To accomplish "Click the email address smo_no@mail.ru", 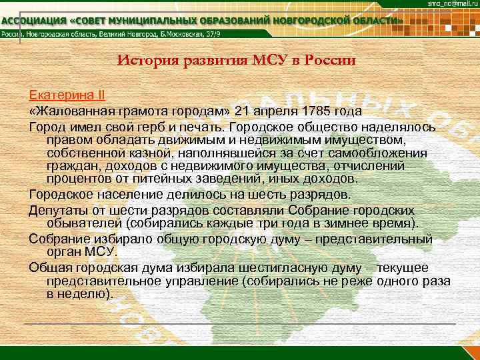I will [451, 5].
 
